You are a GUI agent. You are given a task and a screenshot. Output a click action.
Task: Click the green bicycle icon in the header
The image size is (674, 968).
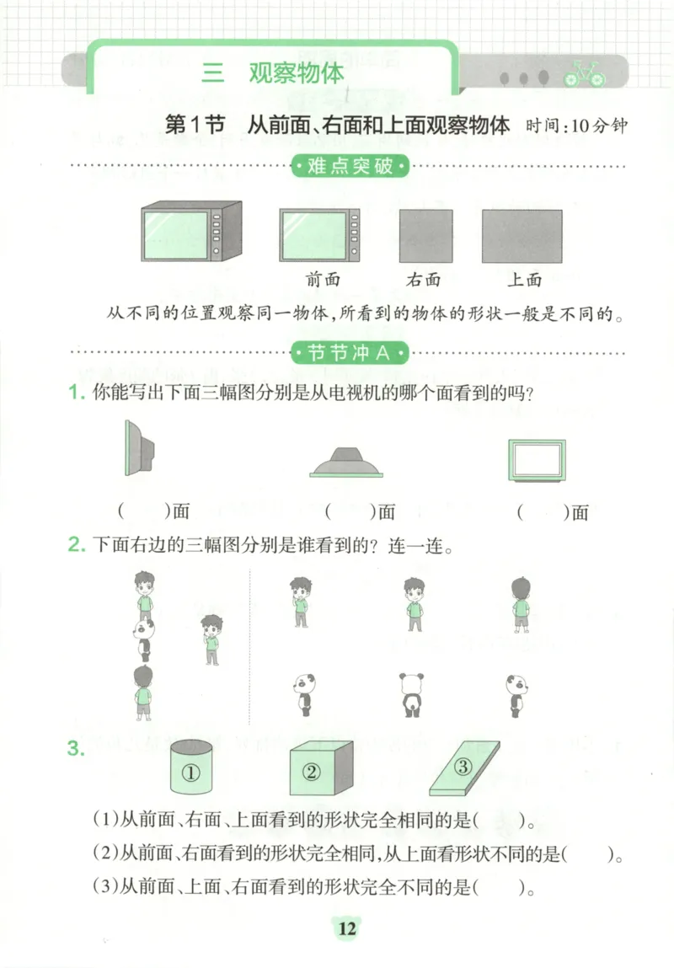[x=584, y=73]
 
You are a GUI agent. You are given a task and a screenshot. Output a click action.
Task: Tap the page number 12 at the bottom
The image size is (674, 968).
[x=346, y=929]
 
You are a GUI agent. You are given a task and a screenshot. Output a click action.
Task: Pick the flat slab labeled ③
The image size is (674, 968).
[x=463, y=768]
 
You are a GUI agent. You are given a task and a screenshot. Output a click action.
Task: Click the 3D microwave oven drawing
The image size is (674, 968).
[x=190, y=231]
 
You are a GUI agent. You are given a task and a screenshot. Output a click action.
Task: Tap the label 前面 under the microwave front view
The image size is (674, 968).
[x=324, y=280]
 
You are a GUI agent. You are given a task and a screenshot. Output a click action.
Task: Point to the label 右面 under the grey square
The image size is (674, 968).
[x=423, y=280]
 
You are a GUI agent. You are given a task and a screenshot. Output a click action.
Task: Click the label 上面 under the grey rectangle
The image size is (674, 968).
[x=524, y=280]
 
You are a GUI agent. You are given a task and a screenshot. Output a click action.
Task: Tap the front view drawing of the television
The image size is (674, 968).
[x=538, y=459]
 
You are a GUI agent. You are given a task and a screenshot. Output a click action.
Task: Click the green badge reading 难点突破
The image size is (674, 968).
[x=349, y=166]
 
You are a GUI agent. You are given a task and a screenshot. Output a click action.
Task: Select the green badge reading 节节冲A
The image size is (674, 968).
[x=349, y=353]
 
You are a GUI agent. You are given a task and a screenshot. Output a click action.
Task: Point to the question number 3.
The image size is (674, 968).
[x=77, y=748]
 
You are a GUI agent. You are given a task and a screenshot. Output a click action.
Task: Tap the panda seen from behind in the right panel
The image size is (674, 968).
[x=411, y=695]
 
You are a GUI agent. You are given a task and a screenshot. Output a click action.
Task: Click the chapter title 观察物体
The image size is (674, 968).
[x=296, y=73]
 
